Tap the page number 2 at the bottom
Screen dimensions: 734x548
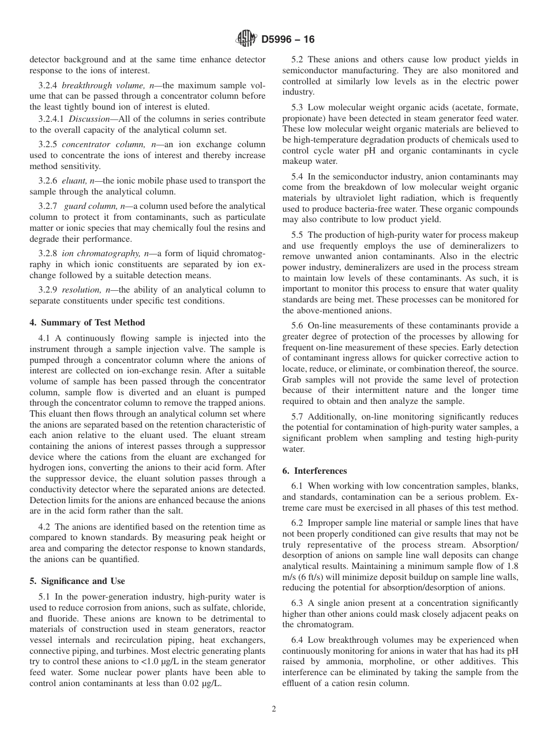coord(274,709)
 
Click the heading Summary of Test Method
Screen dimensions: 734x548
coord(87,323)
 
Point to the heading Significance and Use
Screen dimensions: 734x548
coord(77,581)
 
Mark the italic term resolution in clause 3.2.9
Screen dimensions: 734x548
coord(81,290)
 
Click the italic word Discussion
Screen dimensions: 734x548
coord(90,118)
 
